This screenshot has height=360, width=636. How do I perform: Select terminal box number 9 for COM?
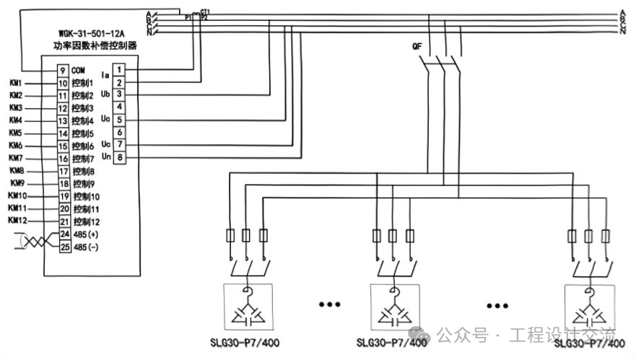(63, 70)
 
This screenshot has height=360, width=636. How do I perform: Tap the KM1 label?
(16, 83)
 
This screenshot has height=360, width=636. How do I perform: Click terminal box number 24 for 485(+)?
(63, 234)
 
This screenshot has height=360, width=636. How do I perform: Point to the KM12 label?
(18, 220)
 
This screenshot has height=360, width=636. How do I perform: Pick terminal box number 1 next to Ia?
(120, 69)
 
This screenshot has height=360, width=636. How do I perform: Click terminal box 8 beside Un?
(120, 157)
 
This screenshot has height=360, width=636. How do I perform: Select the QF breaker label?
(417, 47)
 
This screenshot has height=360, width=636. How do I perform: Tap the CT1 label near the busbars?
(205, 12)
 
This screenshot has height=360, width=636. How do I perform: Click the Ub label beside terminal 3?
(105, 94)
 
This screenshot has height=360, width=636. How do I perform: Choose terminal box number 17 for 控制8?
(63, 171)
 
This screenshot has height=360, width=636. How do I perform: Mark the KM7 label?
(16, 158)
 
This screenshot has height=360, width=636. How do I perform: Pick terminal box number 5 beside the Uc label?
(120, 120)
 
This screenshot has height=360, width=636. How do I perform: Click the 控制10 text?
(86, 196)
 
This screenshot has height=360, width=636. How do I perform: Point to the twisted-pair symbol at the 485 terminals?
(35, 241)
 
